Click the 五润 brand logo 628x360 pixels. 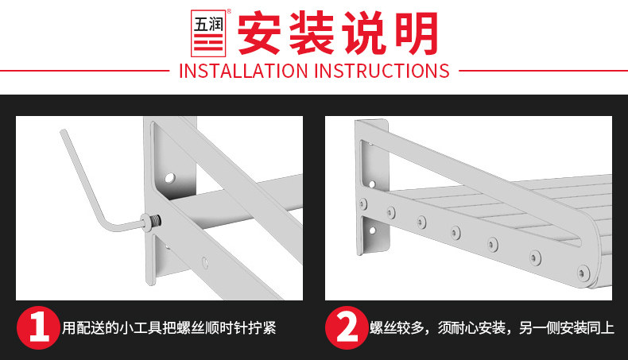(208, 33)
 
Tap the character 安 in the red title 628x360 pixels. (259, 33)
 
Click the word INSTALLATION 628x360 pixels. (243, 71)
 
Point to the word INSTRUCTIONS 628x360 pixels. (382, 71)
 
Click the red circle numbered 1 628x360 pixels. (38, 328)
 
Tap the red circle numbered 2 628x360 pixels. (347, 328)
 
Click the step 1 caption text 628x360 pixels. (169, 328)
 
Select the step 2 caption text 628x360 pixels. (492, 328)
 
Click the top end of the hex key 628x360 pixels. (63, 132)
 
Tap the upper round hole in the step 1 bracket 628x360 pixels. (170, 177)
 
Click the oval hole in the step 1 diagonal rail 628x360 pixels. (205, 262)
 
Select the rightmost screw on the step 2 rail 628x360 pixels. (583, 273)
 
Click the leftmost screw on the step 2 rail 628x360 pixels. (363, 203)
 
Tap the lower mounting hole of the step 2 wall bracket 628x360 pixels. (373, 230)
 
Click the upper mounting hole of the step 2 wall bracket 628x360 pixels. (372, 184)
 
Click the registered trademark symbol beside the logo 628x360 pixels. (229, 11)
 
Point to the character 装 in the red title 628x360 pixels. (312, 33)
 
